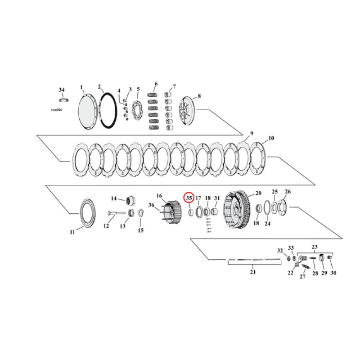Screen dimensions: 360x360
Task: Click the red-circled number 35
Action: click(x=189, y=198)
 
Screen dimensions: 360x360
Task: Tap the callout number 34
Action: click(x=62, y=90)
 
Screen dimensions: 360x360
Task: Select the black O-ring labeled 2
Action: click(x=108, y=109)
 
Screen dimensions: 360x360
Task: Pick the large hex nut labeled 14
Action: click(x=131, y=199)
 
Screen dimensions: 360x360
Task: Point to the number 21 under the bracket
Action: click(x=252, y=272)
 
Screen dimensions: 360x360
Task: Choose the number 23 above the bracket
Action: click(x=315, y=247)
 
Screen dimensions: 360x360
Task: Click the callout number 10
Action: click(x=271, y=138)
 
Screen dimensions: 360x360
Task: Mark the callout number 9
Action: click(x=252, y=133)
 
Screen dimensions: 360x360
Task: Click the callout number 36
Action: click(x=151, y=206)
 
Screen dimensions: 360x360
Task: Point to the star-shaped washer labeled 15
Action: click(x=140, y=213)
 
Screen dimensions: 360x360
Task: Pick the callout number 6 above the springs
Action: click(x=156, y=84)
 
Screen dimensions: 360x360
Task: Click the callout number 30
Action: click(x=333, y=273)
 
